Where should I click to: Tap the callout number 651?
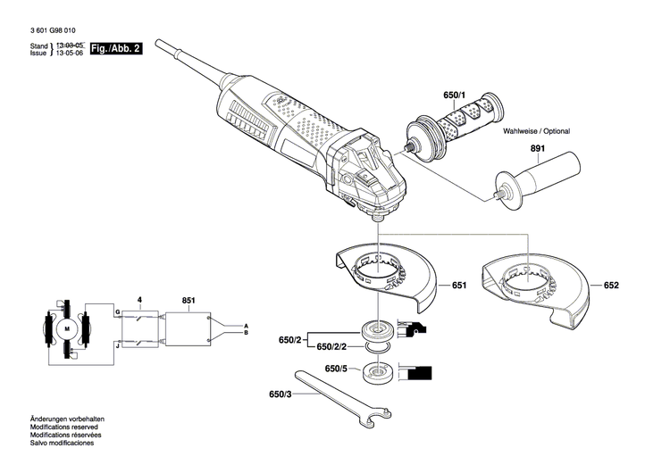point(458,286)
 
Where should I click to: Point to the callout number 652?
point(611,286)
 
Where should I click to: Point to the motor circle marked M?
point(66,329)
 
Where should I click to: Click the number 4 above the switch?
point(138,300)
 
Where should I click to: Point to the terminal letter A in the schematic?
point(247,325)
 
